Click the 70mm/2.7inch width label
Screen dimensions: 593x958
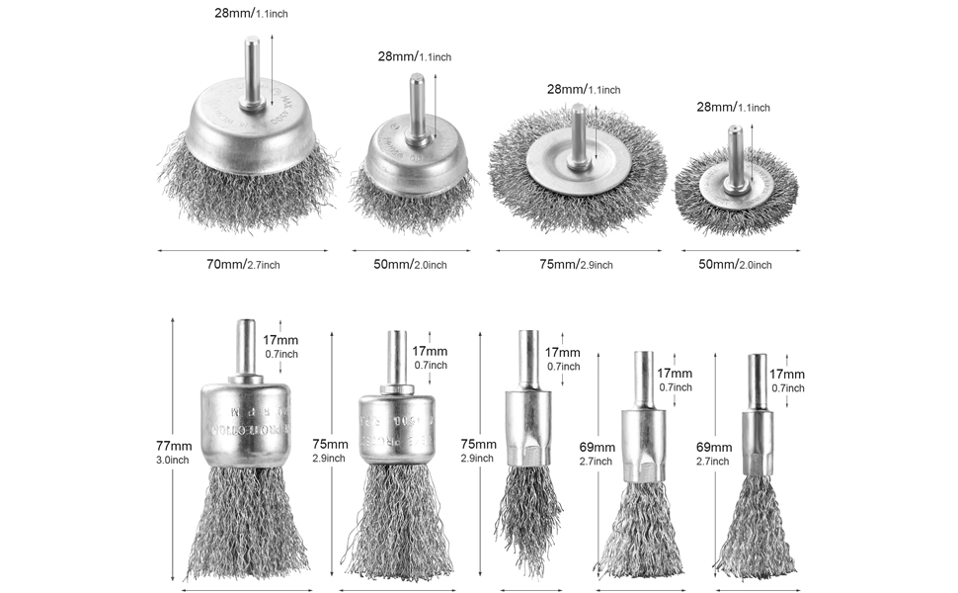tap(245, 264)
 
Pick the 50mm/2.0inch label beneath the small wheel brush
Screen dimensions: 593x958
tap(735, 264)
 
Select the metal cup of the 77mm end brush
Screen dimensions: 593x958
tap(247, 423)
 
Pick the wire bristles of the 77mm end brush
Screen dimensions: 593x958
tap(247, 524)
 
